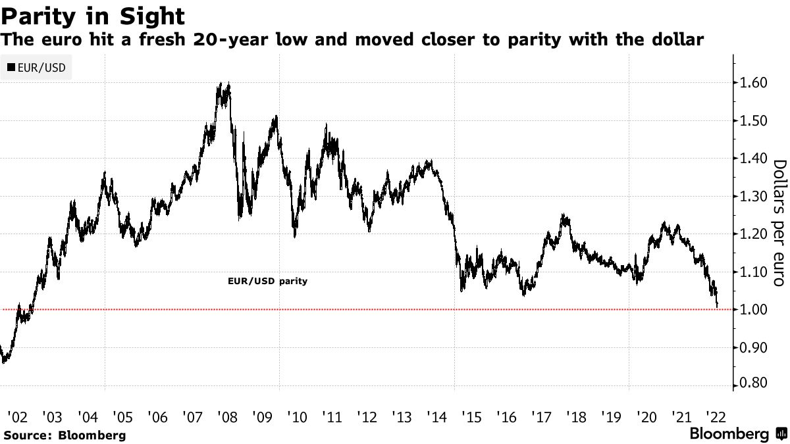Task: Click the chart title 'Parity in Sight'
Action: coord(92,14)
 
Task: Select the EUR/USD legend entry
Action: coord(36,67)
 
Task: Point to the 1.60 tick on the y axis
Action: coord(752,83)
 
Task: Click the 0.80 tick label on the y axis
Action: coord(752,383)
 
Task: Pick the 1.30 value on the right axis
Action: coord(752,197)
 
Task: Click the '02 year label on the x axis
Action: coord(17,416)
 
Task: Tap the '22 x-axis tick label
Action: coord(715,416)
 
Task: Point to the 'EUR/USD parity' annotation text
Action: coord(267,281)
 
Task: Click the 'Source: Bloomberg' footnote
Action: coord(64,435)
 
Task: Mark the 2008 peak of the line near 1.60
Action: coord(228,84)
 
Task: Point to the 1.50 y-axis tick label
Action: coord(752,121)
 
